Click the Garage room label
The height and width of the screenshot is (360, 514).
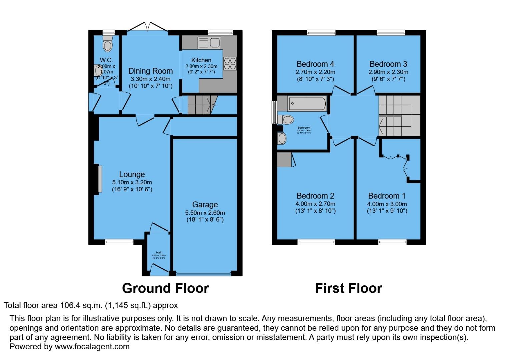click(x=205, y=204)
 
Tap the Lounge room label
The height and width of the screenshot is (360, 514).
click(x=132, y=174)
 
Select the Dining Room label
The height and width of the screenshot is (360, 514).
click(x=150, y=71)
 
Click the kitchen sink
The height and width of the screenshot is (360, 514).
click(x=209, y=43)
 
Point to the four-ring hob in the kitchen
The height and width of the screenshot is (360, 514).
click(x=230, y=63)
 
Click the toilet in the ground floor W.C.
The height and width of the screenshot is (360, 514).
click(x=107, y=44)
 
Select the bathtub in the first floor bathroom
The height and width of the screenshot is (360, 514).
click(x=307, y=103)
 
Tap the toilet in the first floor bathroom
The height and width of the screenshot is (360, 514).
click(x=286, y=119)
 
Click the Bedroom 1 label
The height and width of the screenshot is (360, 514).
click(x=387, y=196)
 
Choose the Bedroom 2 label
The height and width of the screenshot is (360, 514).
click(x=315, y=196)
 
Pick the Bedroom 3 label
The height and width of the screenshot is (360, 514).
click(x=388, y=64)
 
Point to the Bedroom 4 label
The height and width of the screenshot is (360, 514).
click(x=315, y=64)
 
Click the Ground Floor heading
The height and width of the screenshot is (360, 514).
click(x=165, y=288)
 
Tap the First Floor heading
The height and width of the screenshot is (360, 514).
click(x=348, y=288)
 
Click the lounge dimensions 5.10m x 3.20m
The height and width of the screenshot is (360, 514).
click(x=132, y=182)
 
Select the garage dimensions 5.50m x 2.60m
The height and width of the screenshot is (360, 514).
click(x=205, y=213)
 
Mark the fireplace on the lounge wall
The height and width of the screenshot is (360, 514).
click(x=100, y=179)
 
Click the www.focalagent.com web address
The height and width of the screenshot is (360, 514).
click(x=92, y=346)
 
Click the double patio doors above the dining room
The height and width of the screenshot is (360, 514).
click(x=147, y=27)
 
